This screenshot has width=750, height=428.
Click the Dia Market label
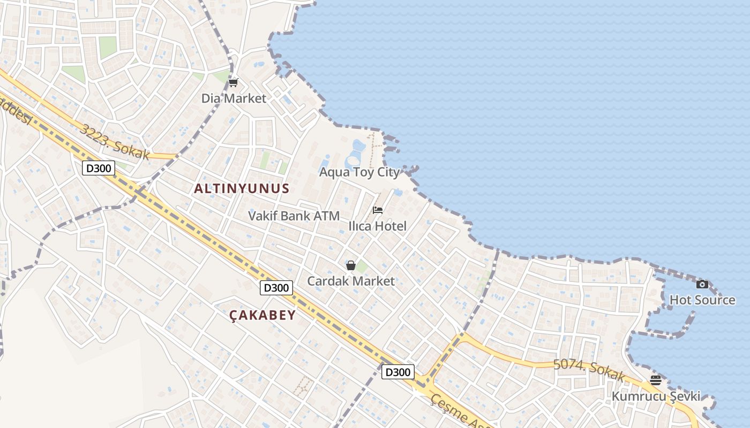(x=234, y=98)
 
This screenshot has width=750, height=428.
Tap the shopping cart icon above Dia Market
(x=233, y=83)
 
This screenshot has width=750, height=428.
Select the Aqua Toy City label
(x=359, y=172)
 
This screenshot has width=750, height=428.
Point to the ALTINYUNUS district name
(x=242, y=188)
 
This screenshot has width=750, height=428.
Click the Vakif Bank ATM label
(x=294, y=216)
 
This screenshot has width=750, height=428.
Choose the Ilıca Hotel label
(x=378, y=226)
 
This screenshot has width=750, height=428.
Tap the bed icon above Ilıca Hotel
(x=378, y=210)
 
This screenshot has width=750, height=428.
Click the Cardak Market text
(x=351, y=281)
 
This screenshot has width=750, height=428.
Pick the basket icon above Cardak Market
(x=351, y=265)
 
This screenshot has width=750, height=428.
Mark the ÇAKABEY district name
(x=262, y=315)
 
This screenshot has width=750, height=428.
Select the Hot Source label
(x=702, y=300)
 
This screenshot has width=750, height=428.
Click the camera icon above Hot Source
(x=702, y=284)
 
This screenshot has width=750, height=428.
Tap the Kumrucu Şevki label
(x=656, y=396)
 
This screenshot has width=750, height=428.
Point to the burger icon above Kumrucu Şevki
(x=656, y=380)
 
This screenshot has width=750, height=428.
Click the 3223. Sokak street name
(x=115, y=142)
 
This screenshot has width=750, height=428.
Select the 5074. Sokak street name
(x=589, y=370)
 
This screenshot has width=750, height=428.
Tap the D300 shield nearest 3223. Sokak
(x=99, y=169)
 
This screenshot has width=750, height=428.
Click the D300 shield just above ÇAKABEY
(x=276, y=288)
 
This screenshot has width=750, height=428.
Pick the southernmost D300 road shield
(x=398, y=372)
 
